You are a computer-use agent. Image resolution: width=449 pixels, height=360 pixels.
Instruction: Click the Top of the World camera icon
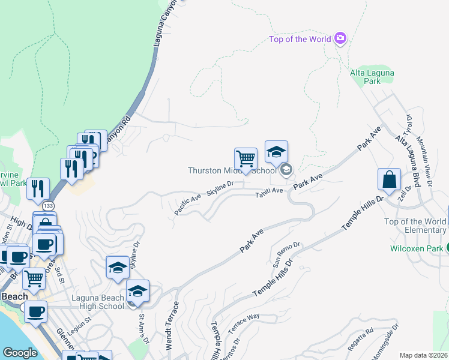341,39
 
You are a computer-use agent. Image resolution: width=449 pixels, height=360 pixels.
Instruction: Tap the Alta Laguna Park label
372,77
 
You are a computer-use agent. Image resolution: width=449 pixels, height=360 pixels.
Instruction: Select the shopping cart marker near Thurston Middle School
246,160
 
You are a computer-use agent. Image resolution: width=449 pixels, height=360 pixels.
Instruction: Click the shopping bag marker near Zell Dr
389,179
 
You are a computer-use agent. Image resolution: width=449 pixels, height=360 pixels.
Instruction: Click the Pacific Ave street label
188,204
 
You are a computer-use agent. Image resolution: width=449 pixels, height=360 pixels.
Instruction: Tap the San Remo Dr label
286,254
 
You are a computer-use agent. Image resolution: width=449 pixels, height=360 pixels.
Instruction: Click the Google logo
20,353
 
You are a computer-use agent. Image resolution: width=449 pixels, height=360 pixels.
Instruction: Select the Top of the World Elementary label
415,226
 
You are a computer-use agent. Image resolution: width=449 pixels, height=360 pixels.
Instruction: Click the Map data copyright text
424,355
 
